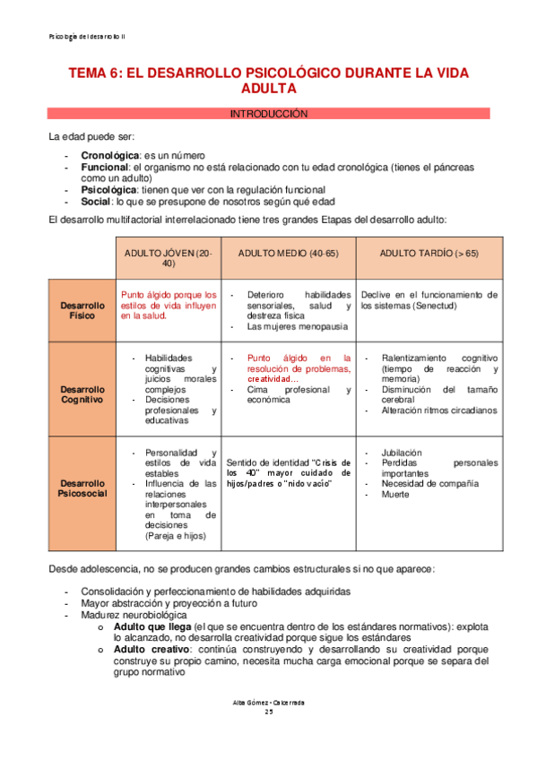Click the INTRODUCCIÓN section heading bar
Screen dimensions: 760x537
(x=268, y=114)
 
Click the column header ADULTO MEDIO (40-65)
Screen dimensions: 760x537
(x=288, y=254)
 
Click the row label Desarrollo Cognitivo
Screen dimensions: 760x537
(x=82, y=394)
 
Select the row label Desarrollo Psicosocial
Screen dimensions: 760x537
(x=82, y=488)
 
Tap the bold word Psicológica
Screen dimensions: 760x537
(x=109, y=190)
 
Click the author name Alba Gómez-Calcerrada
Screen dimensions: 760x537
(x=268, y=702)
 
